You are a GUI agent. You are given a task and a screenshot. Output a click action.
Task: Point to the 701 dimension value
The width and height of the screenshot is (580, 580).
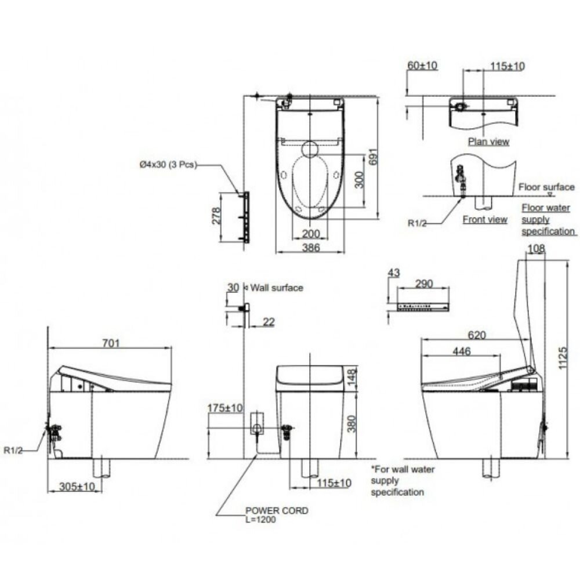pos(111,343)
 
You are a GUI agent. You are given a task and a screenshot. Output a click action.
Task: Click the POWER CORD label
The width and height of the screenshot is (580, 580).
pos(277,510)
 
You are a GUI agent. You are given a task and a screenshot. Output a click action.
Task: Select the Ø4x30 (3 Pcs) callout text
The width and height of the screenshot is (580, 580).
pos(168,165)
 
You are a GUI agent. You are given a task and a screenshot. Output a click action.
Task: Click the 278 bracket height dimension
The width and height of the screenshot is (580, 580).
pos(216,217)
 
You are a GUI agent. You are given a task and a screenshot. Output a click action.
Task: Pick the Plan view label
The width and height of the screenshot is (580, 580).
pos(488,142)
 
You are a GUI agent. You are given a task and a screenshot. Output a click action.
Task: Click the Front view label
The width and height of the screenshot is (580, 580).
pos(484,219)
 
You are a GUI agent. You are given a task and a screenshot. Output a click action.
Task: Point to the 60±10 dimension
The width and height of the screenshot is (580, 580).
pos(422,66)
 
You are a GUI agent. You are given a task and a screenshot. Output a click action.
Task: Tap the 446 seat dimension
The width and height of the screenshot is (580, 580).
pos(459,351)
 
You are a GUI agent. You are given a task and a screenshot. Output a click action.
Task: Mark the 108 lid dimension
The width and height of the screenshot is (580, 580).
pos(536,249)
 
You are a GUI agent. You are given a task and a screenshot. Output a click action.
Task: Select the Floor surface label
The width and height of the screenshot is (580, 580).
pos(546,187)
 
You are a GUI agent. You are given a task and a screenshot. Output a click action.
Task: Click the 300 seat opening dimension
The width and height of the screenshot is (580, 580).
pos(360,180)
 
